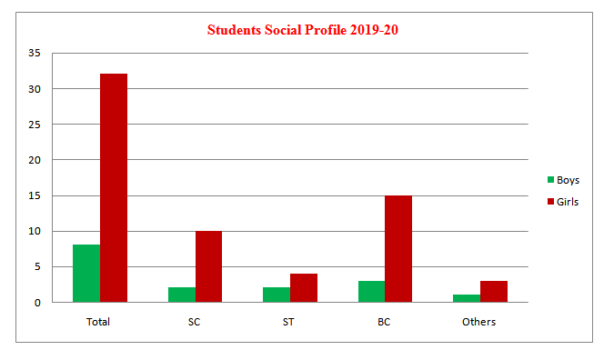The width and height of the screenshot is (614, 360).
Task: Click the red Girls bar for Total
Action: pyautogui.click(x=114, y=188)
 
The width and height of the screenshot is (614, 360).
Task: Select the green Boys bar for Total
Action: pyautogui.click(x=86, y=273)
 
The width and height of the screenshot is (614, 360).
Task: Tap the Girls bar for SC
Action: pyautogui.click(x=208, y=266)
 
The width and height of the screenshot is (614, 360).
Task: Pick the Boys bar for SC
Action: pyautogui.click(x=182, y=295)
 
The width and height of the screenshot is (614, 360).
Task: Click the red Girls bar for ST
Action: pyautogui.click(x=304, y=287)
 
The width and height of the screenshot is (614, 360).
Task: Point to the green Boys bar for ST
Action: pyautogui.click(x=277, y=295)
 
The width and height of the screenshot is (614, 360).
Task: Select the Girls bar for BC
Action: pyautogui.click(x=398, y=248)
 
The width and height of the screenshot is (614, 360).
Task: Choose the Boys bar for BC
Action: pyautogui.click(x=372, y=292)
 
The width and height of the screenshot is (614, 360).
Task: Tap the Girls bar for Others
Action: pyautogui.click(x=494, y=292)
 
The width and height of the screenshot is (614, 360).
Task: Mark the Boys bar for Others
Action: pyautogui.click(x=467, y=298)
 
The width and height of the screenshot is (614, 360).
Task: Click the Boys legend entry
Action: pyautogui.click(x=563, y=180)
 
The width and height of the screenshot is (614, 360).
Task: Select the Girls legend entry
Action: pyautogui.click(x=563, y=202)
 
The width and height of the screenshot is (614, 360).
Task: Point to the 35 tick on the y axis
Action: pyautogui.click(x=34, y=53)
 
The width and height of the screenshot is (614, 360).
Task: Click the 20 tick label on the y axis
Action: pyautogui.click(x=34, y=160)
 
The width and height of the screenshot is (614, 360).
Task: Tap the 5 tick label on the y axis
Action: pyautogui.click(x=37, y=267)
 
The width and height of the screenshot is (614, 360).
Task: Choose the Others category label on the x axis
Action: pyautogui.click(x=478, y=322)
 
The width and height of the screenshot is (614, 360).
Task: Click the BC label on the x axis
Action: pyautogui.click(x=384, y=322)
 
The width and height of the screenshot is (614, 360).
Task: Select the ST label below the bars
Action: pyautogui.click(x=288, y=322)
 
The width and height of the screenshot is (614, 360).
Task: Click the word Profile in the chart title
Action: pyautogui.click(x=326, y=30)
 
